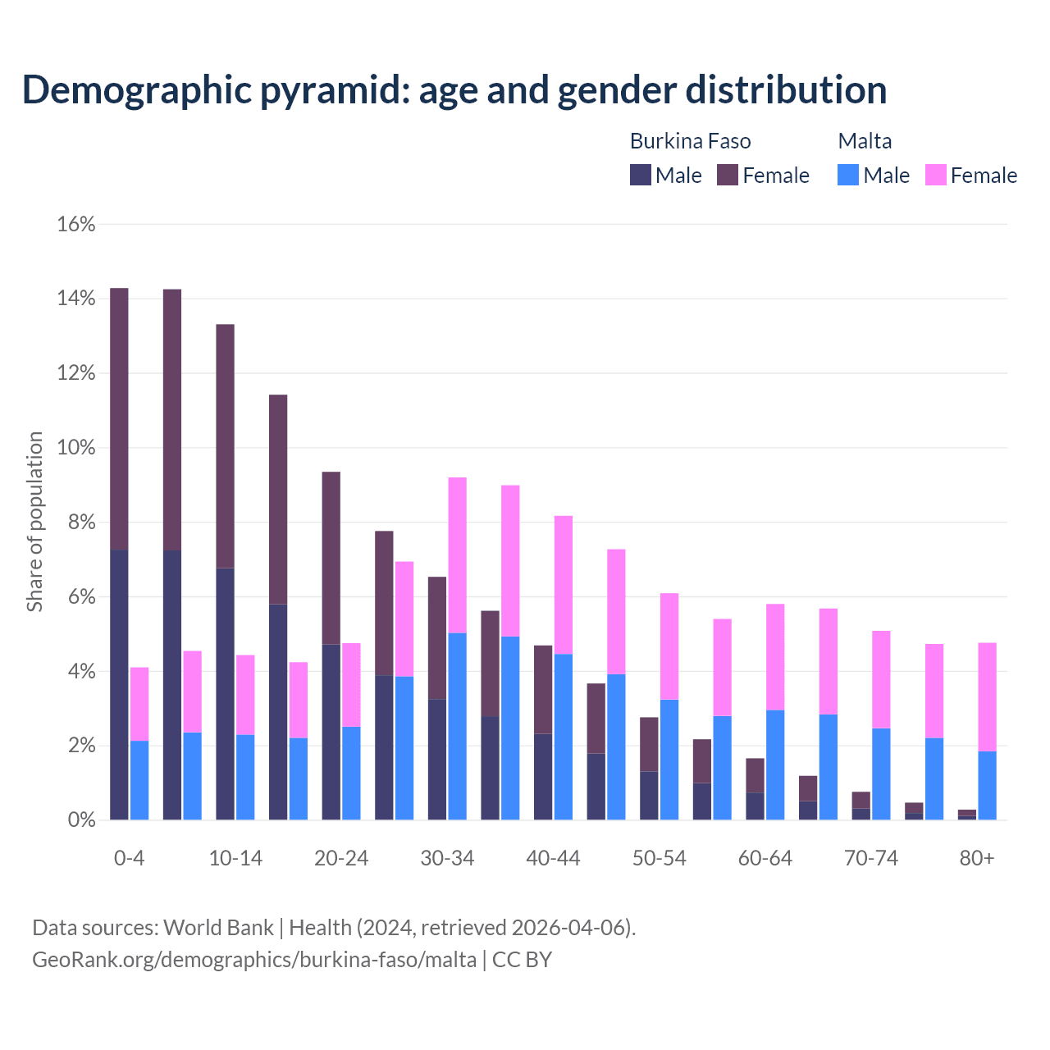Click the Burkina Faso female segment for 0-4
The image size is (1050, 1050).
[x=119, y=418]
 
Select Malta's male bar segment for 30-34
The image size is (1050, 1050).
[x=457, y=726]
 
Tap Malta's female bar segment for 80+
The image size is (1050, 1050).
[x=987, y=696]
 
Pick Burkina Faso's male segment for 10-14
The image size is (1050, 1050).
[x=225, y=693]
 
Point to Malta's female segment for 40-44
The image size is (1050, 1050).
[x=563, y=585]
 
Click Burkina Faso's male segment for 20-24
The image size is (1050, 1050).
[x=331, y=732]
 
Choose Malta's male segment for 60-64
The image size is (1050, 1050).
[x=775, y=765]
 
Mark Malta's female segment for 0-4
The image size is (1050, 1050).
[x=139, y=704]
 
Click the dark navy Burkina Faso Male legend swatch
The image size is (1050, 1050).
[x=641, y=175]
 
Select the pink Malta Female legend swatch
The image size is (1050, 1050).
[x=936, y=175]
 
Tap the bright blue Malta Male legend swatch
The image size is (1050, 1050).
[x=848, y=175]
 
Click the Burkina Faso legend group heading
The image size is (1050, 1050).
[x=690, y=141]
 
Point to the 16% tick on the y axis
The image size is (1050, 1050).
[x=76, y=224]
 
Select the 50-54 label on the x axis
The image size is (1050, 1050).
[x=659, y=858]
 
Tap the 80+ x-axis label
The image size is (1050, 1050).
[x=976, y=858]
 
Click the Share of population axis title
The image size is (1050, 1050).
[x=34, y=522]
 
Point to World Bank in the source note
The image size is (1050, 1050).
[x=218, y=927]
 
